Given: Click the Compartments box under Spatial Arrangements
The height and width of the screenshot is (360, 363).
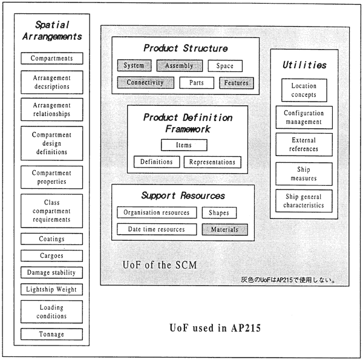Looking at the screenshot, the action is [x=52, y=58].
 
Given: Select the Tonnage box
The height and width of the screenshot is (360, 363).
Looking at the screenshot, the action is [x=51, y=334].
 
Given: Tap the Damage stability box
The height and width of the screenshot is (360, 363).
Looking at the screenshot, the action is [x=51, y=272].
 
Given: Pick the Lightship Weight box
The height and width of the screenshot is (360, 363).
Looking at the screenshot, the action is [x=51, y=289].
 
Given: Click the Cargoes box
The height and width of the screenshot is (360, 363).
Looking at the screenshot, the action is [x=51, y=255].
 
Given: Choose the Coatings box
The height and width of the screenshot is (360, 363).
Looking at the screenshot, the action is [x=51, y=239].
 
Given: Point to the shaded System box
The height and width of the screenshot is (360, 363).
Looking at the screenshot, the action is [x=134, y=65].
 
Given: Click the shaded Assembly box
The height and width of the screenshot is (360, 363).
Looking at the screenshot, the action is [x=180, y=66].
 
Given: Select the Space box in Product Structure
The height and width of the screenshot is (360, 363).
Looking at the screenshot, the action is [x=225, y=66].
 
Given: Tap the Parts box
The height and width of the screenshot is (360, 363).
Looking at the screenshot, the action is [x=197, y=83].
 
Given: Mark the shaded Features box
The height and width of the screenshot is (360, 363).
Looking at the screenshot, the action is [x=237, y=83].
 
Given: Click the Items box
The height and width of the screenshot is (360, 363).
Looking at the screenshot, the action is [x=184, y=145].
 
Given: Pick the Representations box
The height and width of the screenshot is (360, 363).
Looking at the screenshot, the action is [x=212, y=162].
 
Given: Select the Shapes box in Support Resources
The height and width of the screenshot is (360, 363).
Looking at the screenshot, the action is [x=219, y=213].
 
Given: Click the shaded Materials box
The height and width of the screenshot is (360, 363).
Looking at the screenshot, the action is [x=225, y=230].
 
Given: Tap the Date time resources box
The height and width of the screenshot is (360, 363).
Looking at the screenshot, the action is [x=157, y=229].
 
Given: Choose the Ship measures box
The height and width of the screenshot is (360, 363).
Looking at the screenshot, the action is [x=304, y=174].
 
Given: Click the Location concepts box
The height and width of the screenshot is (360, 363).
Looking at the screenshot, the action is [x=304, y=90].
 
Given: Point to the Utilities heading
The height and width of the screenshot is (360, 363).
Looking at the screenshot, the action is [x=304, y=65].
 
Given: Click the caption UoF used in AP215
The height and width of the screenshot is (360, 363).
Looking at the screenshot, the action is [x=215, y=328].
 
